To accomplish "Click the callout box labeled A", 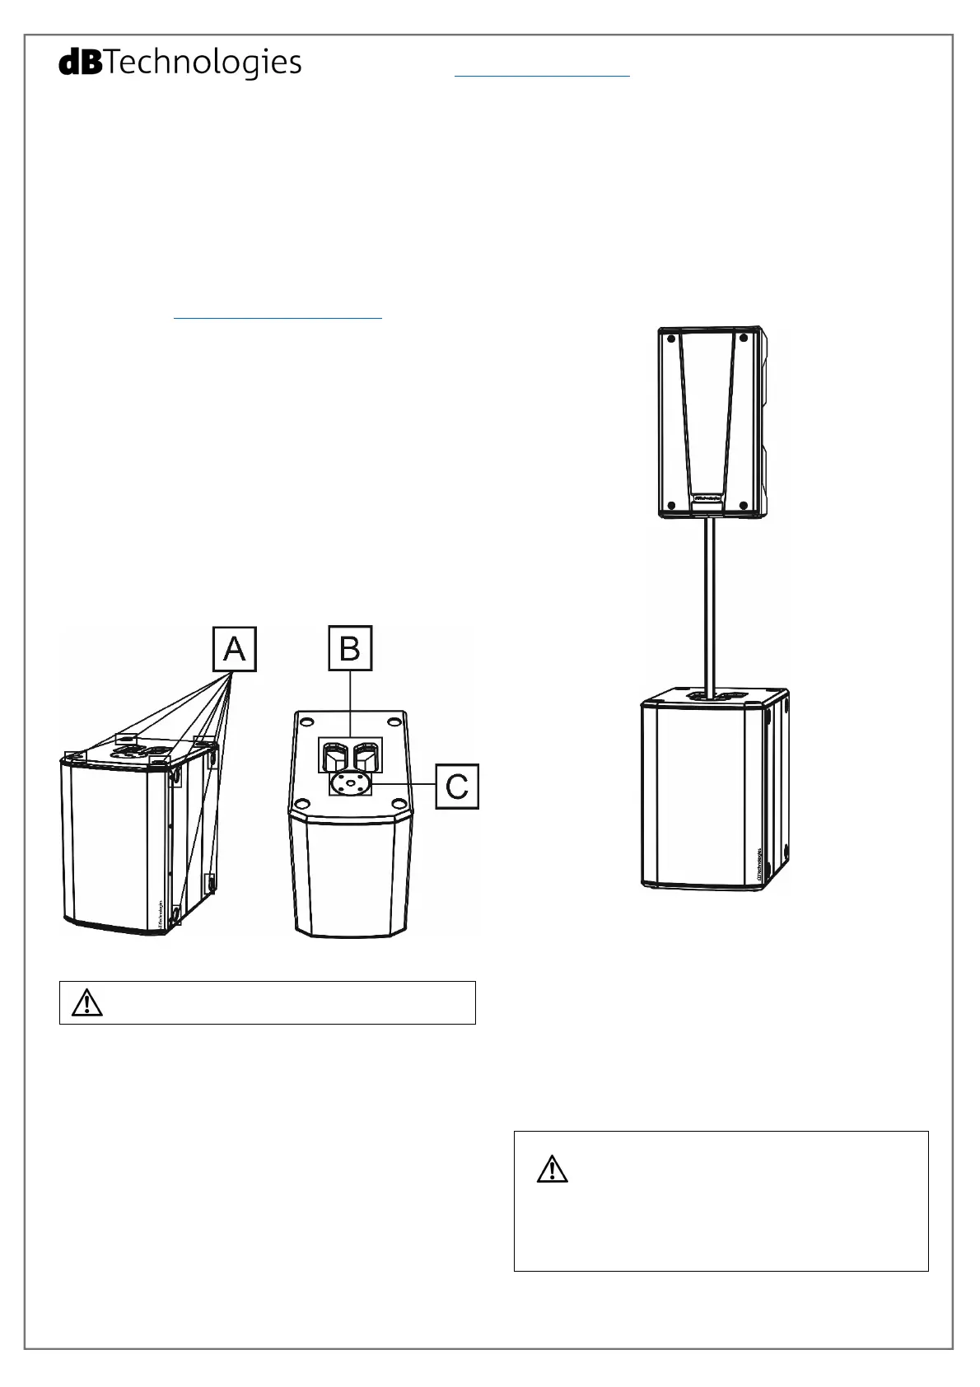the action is pyautogui.click(x=235, y=650).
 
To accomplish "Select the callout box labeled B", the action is pyautogui.click(x=350, y=648).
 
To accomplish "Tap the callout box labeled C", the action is pyautogui.click(x=457, y=787).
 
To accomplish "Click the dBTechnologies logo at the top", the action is pyautogui.click(x=180, y=63).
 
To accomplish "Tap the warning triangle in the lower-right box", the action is pyautogui.click(x=552, y=1170).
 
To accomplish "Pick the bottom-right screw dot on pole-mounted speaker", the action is pyautogui.click(x=744, y=505).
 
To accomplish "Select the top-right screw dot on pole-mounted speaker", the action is pyautogui.click(x=744, y=338).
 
